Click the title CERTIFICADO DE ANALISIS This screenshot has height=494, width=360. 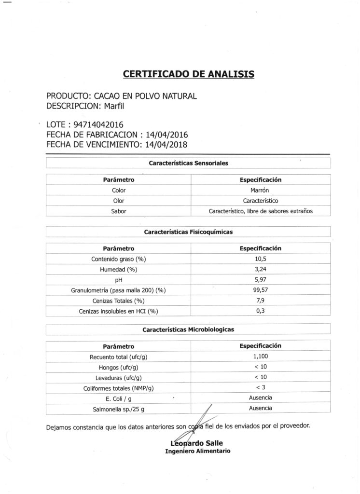189,74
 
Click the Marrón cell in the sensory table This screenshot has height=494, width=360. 261,190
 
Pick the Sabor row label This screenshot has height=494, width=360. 118,211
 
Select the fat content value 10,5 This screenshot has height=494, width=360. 261,259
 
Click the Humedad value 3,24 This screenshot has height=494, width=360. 261,269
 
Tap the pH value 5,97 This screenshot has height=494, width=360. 261,280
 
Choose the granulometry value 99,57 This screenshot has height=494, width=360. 261,290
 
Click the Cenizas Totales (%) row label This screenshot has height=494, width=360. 118,301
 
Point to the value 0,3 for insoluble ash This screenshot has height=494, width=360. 261,311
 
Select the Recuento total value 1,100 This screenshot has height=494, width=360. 261,357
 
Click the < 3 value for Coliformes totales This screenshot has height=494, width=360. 261,387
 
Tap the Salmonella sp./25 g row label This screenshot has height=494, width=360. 118,409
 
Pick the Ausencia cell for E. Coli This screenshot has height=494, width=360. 261,398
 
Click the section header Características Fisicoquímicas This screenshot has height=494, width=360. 188,232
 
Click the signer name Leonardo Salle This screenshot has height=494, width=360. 197,443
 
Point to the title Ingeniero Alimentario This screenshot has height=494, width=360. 197,452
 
